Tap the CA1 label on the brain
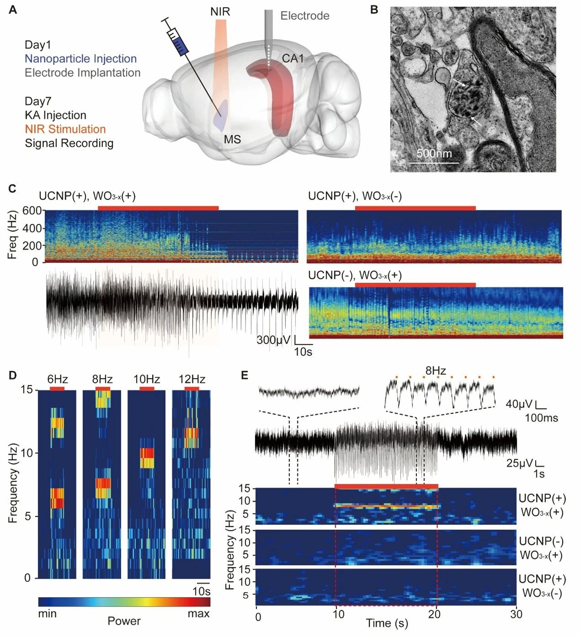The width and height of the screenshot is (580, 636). [x=293, y=59]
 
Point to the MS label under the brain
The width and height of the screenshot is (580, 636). [x=232, y=139]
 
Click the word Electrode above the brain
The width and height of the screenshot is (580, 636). [x=305, y=16]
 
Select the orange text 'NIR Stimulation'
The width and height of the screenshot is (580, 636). [x=65, y=129]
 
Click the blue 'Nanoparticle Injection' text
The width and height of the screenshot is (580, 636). [x=80, y=59]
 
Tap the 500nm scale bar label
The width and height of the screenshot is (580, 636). [x=434, y=154]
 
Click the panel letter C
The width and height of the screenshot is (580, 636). [x=13, y=189]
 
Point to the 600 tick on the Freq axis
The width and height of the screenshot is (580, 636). [x=36, y=211]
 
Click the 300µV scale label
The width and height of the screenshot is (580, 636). [x=273, y=340]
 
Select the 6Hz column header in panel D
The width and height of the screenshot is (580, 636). [x=57, y=379]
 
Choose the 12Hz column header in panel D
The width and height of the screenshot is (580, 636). [x=192, y=379]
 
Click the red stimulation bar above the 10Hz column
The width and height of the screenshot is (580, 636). [x=147, y=388]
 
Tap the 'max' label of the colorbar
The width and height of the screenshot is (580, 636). [x=198, y=614]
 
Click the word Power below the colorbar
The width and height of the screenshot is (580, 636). [x=124, y=621]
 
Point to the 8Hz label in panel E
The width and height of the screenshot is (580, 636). [x=436, y=371]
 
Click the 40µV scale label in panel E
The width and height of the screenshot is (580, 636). [x=519, y=404]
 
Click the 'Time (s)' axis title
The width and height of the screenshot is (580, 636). [x=387, y=623]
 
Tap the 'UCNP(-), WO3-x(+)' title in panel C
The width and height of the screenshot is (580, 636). [x=355, y=276]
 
